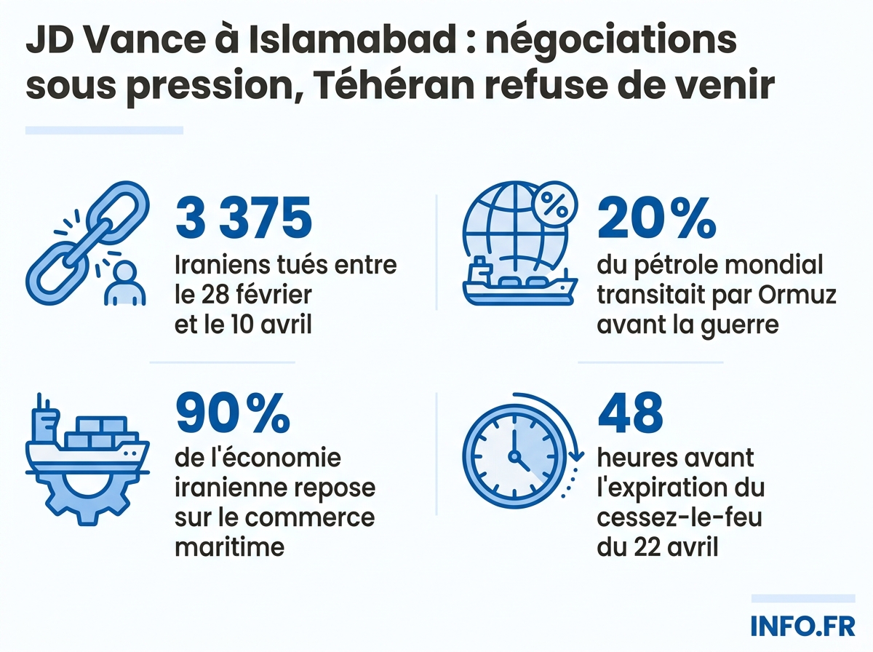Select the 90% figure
point(233,414)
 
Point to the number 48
point(631,414)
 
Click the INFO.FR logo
point(802,627)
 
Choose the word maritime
point(229,545)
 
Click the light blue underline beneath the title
point(104,130)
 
